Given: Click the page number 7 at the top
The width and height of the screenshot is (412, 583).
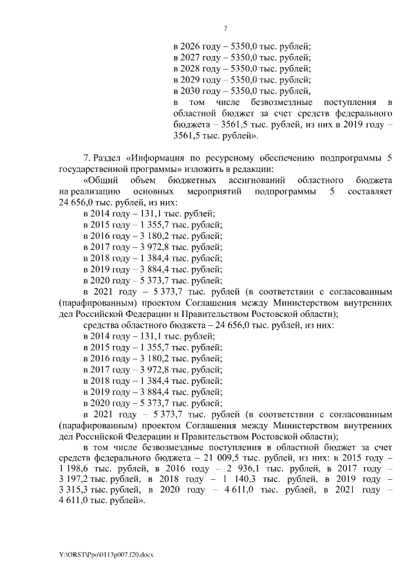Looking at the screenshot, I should coord(225,28).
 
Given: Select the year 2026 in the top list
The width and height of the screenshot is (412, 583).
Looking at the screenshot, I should coord(194,47).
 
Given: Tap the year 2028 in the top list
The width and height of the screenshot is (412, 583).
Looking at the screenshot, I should coord(194,69).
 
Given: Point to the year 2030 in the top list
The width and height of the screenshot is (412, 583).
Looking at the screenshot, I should coord(194,91).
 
